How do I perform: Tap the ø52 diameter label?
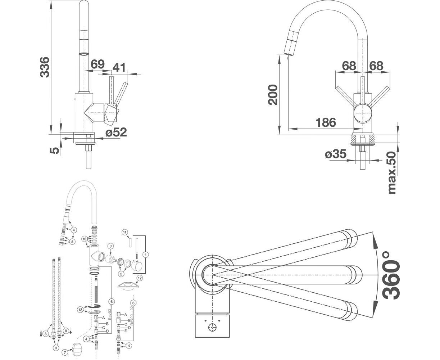[116, 132]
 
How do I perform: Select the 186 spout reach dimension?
[326, 122]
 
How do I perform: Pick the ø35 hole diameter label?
[335, 154]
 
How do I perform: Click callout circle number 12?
[139, 278]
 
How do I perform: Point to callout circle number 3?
[111, 246]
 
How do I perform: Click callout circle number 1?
[145, 254]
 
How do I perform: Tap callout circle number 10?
[84, 239]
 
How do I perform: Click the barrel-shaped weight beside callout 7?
[77, 349]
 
